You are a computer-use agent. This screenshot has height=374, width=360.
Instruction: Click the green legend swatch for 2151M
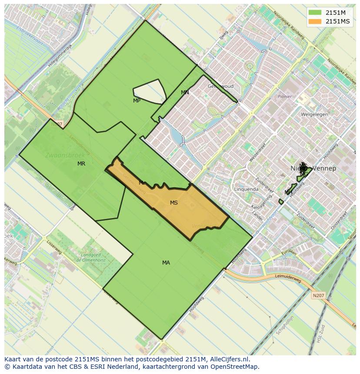(315, 13)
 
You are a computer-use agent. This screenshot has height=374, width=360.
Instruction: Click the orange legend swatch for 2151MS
(315, 21)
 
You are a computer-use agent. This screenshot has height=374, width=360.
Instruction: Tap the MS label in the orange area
(174, 203)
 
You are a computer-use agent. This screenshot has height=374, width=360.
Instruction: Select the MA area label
(166, 263)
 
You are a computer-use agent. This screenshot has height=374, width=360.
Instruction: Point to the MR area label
(81, 164)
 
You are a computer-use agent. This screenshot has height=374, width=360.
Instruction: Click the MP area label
(137, 101)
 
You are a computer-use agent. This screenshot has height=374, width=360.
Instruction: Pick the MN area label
(185, 93)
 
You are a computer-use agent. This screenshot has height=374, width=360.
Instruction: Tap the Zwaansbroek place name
(59, 155)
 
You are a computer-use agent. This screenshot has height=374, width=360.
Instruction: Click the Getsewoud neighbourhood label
(220, 86)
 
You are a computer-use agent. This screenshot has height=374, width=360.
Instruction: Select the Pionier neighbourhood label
(284, 97)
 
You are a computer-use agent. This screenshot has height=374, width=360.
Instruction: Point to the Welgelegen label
(314, 115)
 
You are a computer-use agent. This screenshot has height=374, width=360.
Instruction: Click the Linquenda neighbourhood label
(246, 189)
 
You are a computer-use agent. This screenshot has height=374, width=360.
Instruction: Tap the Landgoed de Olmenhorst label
(91, 257)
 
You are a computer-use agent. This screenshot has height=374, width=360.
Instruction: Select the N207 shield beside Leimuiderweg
(318, 295)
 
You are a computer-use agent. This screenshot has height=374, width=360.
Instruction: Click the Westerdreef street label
(257, 154)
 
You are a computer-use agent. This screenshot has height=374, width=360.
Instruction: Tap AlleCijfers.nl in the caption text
(228, 359)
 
